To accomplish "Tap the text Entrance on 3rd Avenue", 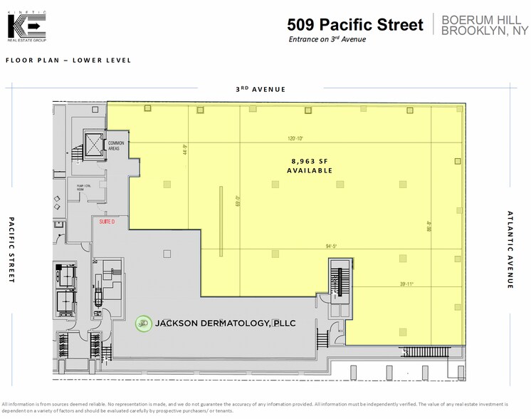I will coord(327,39).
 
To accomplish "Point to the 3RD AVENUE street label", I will coord(261,89).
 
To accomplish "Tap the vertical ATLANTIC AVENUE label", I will coord(510,249).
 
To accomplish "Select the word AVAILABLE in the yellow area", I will coord(310,171).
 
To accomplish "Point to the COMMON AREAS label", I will coord(117,146).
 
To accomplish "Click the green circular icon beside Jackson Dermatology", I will coord(144,323).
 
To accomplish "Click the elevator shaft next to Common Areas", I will coord(93,144).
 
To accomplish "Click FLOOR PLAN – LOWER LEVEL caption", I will coord(68,61).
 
